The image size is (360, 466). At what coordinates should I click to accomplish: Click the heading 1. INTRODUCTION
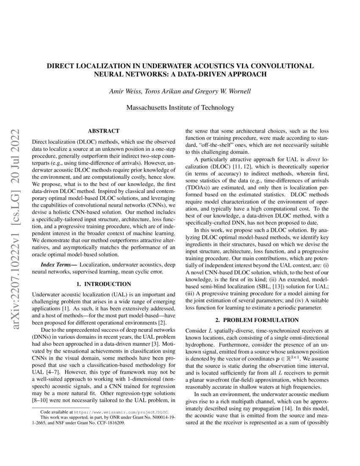pos(103,283)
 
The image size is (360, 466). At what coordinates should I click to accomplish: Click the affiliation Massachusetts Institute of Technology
pos(180,108)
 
